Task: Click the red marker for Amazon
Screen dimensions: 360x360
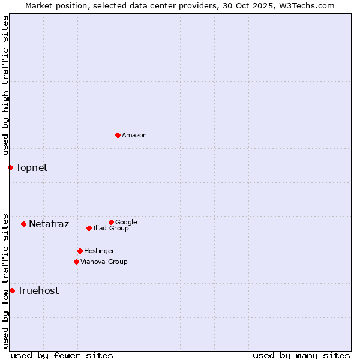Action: [118, 135]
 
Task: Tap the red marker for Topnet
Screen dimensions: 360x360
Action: [10, 167]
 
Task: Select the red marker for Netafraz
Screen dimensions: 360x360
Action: [23, 224]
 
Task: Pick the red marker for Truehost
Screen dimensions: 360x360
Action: [12, 290]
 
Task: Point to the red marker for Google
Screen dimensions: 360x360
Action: [111, 222]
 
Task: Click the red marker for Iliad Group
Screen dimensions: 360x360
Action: [89, 228]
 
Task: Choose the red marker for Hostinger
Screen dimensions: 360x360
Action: [80, 251]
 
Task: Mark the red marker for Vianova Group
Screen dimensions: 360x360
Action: [76, 262]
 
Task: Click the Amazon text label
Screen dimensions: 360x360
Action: [134, 136]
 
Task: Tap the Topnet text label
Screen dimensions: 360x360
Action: [32, 167]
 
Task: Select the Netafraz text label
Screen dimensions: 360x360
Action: [49, 224]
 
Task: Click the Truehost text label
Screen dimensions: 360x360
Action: [38, 291]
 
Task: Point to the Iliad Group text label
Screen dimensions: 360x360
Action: [111, 229]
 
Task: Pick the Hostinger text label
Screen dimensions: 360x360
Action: [100, 251]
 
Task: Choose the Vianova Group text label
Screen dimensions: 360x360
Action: [104, 262]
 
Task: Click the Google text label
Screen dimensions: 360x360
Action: [126, 222]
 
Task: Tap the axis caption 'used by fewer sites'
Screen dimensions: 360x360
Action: [62, 355]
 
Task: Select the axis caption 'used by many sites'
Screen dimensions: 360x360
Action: [301, 355]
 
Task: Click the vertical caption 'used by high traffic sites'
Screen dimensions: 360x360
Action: [6, 85]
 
